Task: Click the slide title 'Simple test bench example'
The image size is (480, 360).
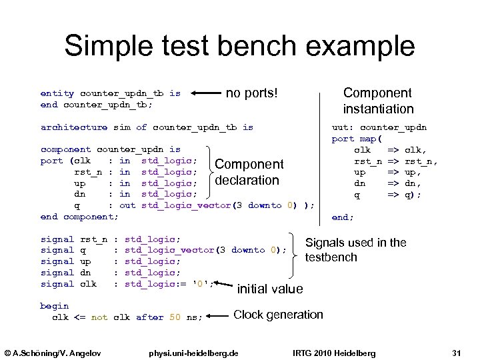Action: click(x=239, y=46)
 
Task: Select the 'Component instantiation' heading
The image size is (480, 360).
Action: click(x=377, y=101)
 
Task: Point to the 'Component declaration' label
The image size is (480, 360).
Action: click(x=249, y=172)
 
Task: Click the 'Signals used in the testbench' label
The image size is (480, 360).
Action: click(x=355, y=250)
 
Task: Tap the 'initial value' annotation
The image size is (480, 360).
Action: click(x=270, y=289)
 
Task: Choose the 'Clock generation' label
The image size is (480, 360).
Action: click(x=278, y=314)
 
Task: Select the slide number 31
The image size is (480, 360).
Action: click(x=457, y=352)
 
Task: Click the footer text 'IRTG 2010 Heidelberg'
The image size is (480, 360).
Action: click(x=334, y=352)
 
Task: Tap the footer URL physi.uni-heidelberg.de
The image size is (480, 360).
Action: click(x=195, y=352)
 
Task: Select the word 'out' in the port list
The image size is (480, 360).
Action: click(x=127, y=205)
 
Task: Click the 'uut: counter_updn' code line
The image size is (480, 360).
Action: click(x=379, y=127)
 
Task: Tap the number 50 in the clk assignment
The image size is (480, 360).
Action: click(x=175, y=317)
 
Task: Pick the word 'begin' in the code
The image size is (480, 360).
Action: click(x=55, y=306)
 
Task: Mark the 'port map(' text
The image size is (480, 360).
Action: click(x=357, y=139)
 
